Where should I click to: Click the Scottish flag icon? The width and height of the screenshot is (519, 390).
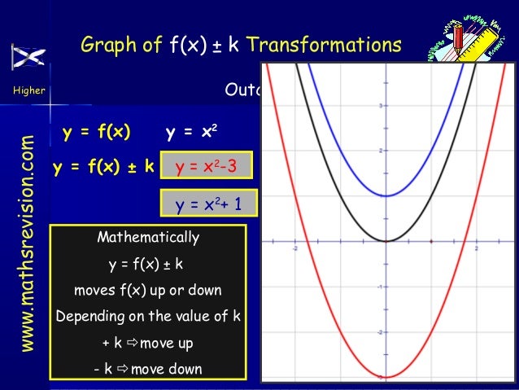(x=28, y=57)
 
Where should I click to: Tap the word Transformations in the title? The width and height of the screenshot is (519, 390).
(x=324, y=45)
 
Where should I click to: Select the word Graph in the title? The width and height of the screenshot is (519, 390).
(x=111, y=45)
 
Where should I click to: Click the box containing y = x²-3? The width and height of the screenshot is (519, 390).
(x=207, y=168)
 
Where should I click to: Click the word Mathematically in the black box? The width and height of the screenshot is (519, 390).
(x=147, y=238)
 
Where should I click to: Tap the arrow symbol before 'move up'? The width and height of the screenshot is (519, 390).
(x=133, y=343)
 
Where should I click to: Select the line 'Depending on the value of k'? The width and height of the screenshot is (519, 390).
(x=147, y=316)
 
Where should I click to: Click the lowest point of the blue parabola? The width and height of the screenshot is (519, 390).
(x=387, y=195)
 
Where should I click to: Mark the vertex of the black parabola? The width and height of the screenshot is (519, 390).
(x=387, y=241)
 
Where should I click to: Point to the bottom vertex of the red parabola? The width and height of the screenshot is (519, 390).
(x=387, y=377)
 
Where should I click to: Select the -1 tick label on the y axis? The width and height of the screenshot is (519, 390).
(x=380, y=287)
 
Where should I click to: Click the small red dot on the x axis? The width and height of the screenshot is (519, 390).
(x=430, y=241)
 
